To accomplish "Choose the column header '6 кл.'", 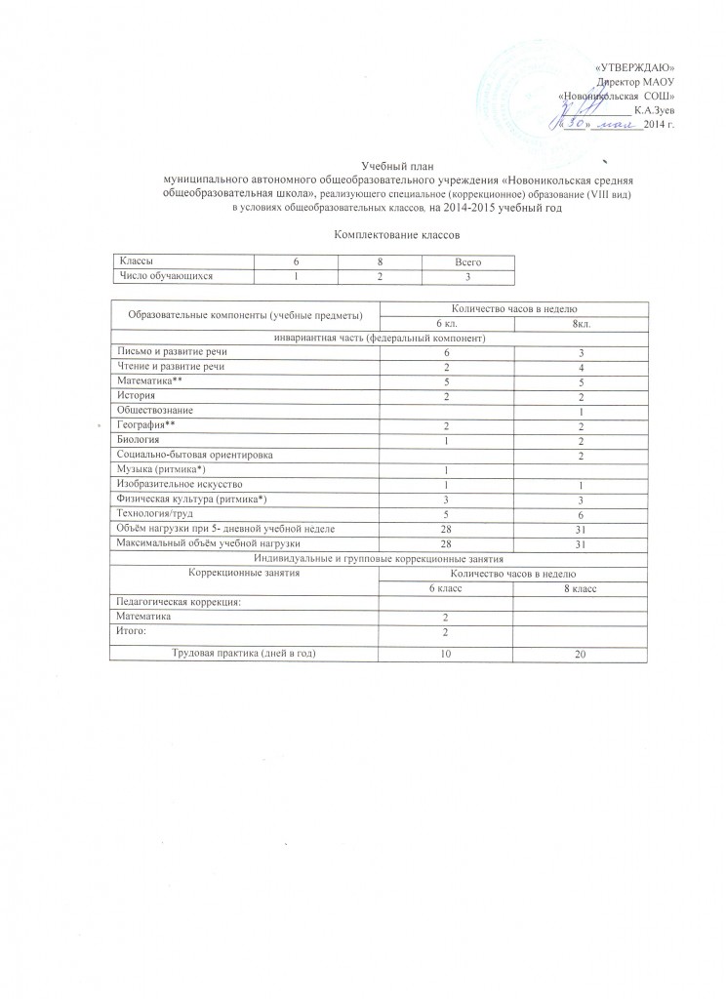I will (445, 324).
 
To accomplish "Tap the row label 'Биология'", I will (137, 441).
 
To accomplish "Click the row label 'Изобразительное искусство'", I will (176, 484).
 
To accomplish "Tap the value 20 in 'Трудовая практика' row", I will (580, 651).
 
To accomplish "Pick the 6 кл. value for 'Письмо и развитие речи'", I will (445, 352).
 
